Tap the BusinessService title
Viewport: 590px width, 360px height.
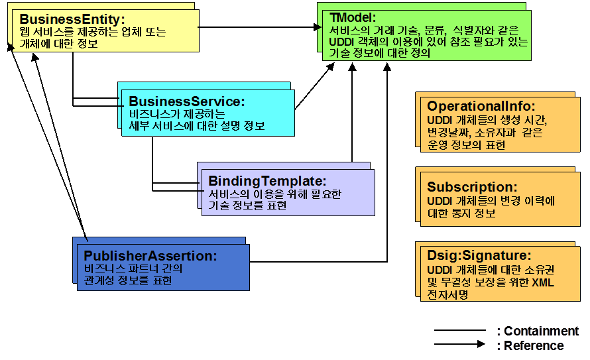click(187, 101)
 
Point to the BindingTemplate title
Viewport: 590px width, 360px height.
click(268, 181)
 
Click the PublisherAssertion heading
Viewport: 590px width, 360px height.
click(150, 255)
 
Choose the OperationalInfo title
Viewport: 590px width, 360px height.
click(481, 106)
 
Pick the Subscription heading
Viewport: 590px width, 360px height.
click(472, 187)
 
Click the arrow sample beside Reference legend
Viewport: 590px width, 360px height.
click(460, 345)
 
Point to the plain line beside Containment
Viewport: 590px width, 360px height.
click(460, 330)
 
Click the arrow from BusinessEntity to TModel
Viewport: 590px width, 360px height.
click(259, 27)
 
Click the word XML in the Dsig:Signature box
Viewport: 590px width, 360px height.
click(544, 282)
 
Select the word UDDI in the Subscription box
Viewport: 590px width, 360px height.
click(439, 201)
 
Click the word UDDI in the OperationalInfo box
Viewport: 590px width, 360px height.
click(439, 120)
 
